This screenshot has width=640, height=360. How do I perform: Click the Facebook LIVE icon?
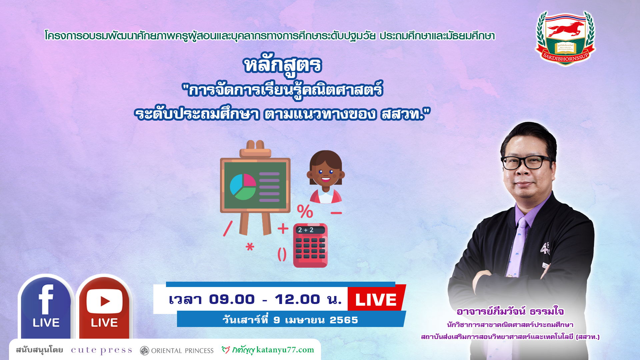point(46,307)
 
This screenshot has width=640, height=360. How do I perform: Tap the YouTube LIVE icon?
point(104,307)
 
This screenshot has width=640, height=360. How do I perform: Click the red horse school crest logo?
point(565,38)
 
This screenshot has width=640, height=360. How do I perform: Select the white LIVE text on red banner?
point(376,300)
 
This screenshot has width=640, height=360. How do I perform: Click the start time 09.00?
point(232,299)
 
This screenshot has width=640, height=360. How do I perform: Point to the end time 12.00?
point(297,299)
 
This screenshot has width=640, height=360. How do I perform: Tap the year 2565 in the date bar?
point(344,320)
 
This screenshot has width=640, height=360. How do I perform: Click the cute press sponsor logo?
point(101,350)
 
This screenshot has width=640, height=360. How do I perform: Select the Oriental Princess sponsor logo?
point(177,351)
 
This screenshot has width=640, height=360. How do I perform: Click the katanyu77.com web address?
point(285,350)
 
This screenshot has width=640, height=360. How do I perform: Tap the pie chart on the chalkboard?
point(243,187)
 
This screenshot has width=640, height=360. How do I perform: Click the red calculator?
point(310,245)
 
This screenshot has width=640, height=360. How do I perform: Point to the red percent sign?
point(305,211)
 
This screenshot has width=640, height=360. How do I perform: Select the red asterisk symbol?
point(250,247)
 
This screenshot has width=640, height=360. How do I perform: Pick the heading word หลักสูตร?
point(283,65)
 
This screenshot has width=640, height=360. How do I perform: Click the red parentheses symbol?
point(282,255)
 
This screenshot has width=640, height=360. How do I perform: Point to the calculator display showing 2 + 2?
point(310,230)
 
